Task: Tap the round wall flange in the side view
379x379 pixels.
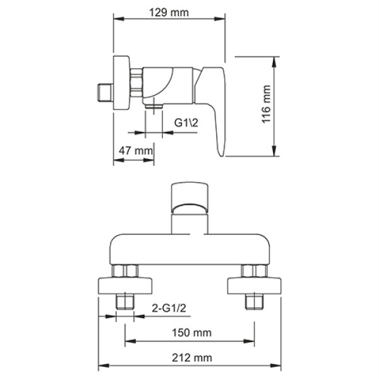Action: click(122, 85)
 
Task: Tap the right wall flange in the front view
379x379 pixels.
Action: click(253, 286)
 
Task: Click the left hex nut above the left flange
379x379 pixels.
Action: click(124, 272)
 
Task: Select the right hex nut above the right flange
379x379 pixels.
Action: click(253, 272)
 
